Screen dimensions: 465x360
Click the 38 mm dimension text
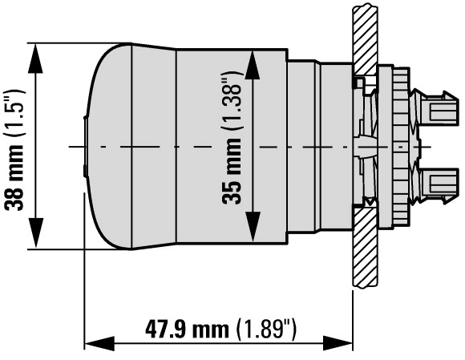click(x=14, y=178)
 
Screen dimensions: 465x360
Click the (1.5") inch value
click(x=14, y=113)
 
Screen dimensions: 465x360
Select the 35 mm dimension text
click(x=232, y=172)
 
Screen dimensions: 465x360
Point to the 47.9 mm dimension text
click(x=187, y=329)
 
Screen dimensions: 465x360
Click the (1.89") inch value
click(x=267, y=329)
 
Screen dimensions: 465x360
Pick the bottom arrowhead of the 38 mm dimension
click(x=35, y=233)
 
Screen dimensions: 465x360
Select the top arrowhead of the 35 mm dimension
click(x=253, y=65)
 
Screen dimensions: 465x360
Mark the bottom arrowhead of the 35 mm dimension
click(x=253, y=227)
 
